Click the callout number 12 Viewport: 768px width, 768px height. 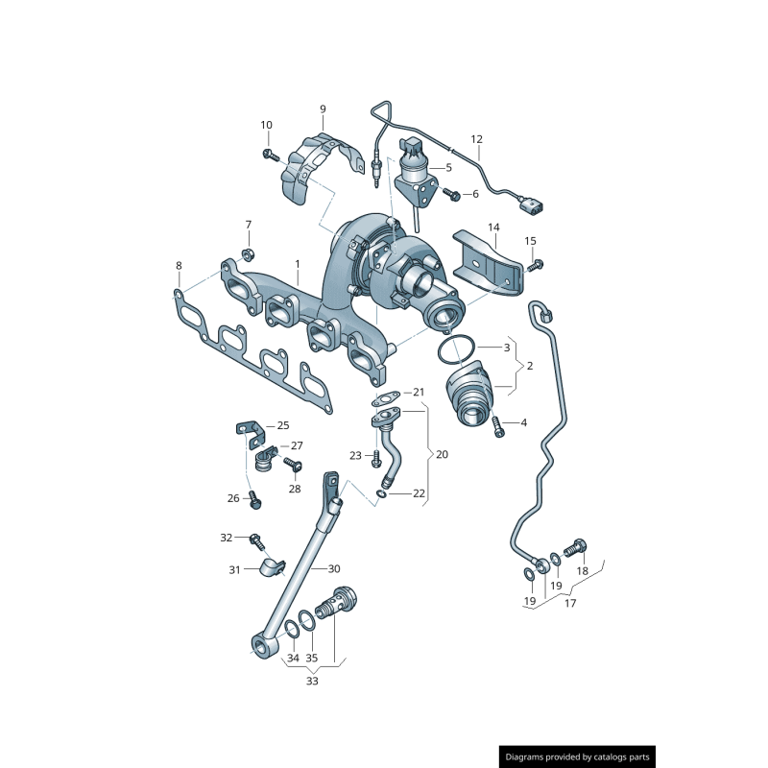tap(476, 139)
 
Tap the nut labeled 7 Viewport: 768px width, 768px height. tap(248, 254)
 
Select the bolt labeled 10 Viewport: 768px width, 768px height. tap(271, 156)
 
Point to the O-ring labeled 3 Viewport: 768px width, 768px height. tap(455, 349)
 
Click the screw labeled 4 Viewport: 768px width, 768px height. tap(497, 426)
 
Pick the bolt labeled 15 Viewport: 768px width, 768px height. tap(536, 266)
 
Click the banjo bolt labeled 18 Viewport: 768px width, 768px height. tap(575, 547)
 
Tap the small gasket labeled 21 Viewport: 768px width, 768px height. tap(386, 398)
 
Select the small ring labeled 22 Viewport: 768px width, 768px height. tap(381, 494)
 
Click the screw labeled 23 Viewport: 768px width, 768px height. tap(376, 459)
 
